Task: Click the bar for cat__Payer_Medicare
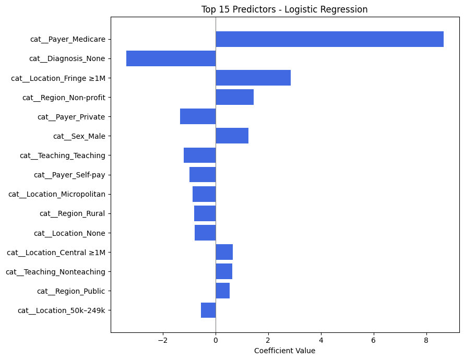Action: pyautogui.click(x=329, y=39)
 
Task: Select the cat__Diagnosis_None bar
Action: pyautogui.click(x=171, y=58)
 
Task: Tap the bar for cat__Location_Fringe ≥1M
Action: pyautogui.click(x=253, y=78)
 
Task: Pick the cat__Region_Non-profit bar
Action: pyautogui.click(x=234, y=97)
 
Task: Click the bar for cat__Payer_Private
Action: pyautogui.click(x=198, y=116)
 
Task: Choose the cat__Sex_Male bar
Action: pyautogui.click(x=232, y=136)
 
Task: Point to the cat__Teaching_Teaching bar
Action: pyautogui.click(x=199, y=155)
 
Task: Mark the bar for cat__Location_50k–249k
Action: pyautogui.click(x=208, y=310)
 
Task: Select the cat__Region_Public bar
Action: pyautogui.click(x=222, y=291)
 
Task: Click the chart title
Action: pyautogui.click(x=284, y=9)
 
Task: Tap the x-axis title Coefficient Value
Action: pyautogui.click(x=284, y=351)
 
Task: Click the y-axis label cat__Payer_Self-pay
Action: pyautogui.click(x=69, y=175)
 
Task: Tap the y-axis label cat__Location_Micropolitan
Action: pyautogui.click(x=57, y=194)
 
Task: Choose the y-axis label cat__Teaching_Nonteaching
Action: pyautogui.click(x=55, y=271)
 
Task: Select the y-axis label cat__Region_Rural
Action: pyautogui.click(x=73, y=213)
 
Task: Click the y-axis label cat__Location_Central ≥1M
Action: pyautogui.click(x=56, y=253)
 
